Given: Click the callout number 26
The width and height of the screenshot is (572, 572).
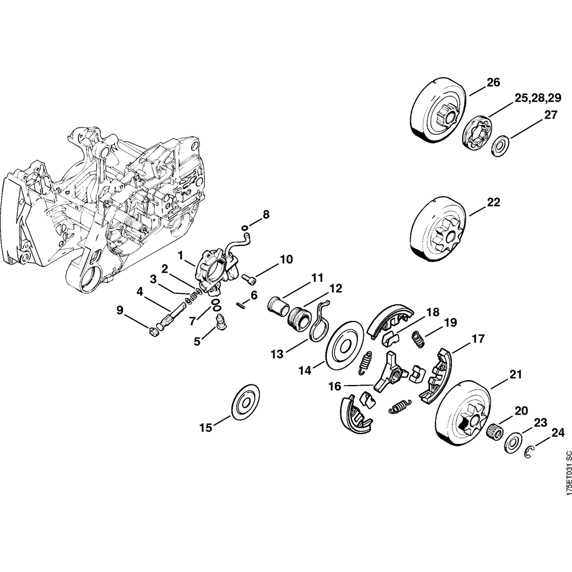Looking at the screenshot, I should tap(493, 83).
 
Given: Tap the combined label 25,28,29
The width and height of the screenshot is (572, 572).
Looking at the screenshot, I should tap(538, 98).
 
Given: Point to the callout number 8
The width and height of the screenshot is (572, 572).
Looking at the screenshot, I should tap(265, 214).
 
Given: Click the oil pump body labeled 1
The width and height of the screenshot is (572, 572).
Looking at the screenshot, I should tap(214, 269).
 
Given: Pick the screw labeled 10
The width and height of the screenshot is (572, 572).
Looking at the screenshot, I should tap(249, 279).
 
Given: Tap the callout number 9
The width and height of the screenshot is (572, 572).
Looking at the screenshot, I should tap(120, 310).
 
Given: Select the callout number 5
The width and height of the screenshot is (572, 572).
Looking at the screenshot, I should tap(197, 341).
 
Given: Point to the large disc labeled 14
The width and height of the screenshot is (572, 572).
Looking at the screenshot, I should tap(343, 347).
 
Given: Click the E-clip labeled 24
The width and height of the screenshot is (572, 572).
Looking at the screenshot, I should tap(531, 452).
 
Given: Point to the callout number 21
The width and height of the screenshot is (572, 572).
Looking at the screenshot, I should tap(516, 375).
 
